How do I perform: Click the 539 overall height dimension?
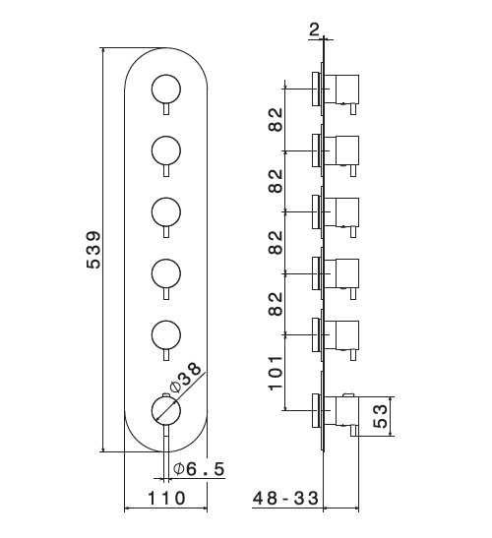(x=93, y=250)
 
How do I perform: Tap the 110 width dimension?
(x=166, y=498)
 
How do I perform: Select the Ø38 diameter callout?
(x=185, y=378)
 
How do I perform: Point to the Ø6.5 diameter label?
(x=199, y=469)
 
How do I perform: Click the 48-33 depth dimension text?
(x=285, y=498)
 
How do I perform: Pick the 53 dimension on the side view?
(x=380, y=416)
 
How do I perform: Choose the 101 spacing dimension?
(x=276, y=373)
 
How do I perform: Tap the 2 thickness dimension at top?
(x=314, y=30)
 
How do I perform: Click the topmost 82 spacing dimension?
(x=276, y=120)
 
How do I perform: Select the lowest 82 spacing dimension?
(x=276, y=304)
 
